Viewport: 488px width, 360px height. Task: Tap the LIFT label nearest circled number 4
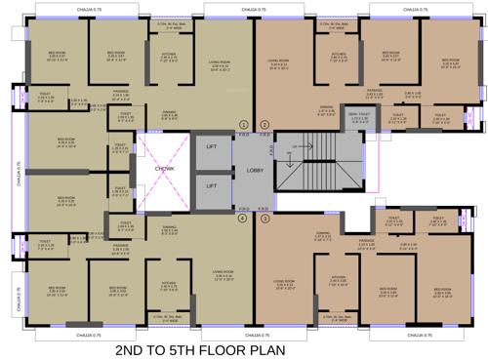click(211, 185)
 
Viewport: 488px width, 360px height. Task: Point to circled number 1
click(244, 125)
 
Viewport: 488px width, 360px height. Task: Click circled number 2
click(264, 125)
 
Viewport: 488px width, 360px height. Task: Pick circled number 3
click(264, 219)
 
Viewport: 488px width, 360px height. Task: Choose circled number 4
click(244, 219)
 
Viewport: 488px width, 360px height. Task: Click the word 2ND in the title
click(137, 348)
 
